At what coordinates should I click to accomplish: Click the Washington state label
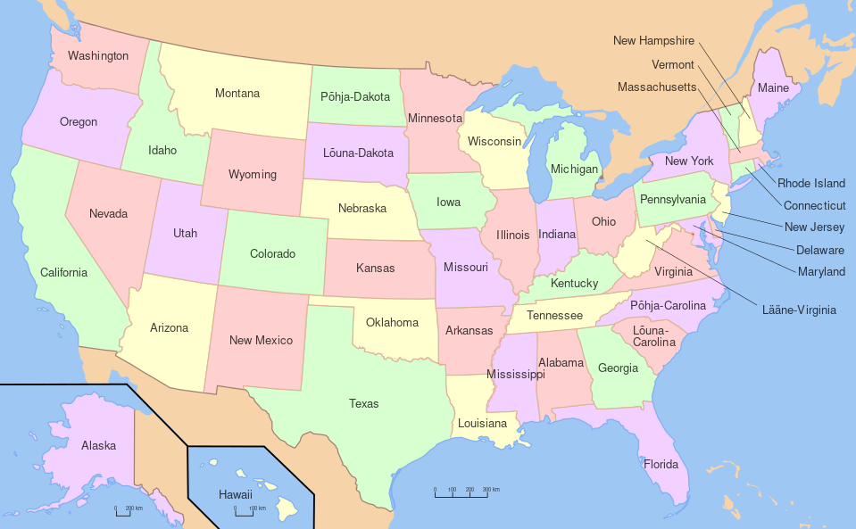(x=98, y=56)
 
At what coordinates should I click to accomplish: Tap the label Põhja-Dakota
(x=354, y=96)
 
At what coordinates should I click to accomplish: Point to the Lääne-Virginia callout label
(x=800, y=310)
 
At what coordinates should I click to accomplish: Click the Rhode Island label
(x=811, y=184)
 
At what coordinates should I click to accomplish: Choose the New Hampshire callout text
(x=653, y=41)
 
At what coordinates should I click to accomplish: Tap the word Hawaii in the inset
(x=236, y=494)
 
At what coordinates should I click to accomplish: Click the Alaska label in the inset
(x=98, y=445)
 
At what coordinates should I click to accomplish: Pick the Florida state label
(x=661, y=464)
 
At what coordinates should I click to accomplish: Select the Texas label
(x=363, y=404)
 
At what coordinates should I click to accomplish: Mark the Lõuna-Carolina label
(x=653, y=336)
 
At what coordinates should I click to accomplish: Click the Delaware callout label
(x=814, y=250)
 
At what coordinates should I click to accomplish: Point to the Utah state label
(x=185, y=234)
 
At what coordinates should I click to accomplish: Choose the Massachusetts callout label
(x=657, y=87)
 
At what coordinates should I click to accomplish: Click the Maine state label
(x=773, y=88)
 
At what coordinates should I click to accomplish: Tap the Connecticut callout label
(x=814, y=205)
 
